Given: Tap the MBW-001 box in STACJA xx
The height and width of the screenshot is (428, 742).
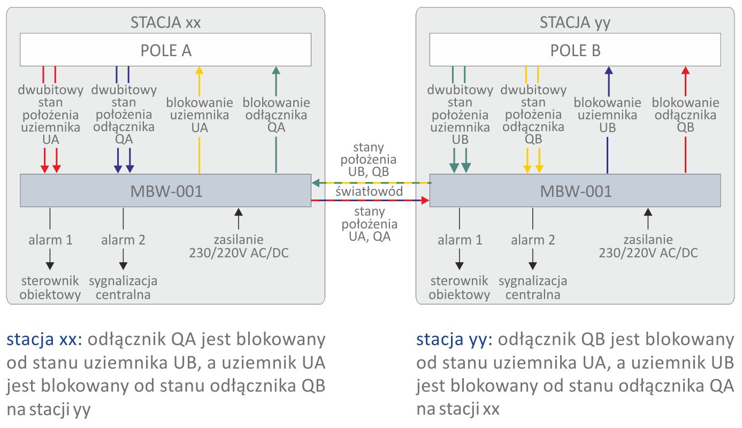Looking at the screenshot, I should [x=165, y=190].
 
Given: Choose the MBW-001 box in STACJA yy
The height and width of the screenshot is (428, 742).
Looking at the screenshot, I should [x=575, y=190].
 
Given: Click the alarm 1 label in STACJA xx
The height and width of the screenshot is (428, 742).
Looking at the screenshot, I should [x=50, y=240].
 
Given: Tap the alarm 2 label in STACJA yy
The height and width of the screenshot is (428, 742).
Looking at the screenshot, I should [x=533, y=240].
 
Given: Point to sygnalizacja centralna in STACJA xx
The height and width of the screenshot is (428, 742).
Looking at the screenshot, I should [x=124, y=288].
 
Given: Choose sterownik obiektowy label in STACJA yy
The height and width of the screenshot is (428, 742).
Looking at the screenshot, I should [x=459, y=288].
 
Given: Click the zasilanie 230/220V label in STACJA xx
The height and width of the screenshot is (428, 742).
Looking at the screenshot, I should [x=239, y=246].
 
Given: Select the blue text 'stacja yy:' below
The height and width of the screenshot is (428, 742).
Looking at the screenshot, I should [x=453, y=340].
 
